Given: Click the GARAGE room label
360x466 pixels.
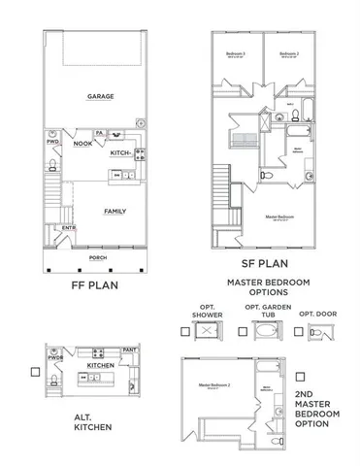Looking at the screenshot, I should (97, 97).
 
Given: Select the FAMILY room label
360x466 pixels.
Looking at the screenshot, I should (115, 211).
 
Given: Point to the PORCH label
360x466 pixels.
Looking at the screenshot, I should (97, 257).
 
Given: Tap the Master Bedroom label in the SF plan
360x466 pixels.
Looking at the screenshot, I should (279, 216).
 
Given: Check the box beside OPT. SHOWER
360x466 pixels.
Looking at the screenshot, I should (183, 332).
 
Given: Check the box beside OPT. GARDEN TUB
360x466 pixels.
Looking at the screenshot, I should (242, 332).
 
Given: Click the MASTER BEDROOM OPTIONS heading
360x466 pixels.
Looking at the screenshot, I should (266, 289).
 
